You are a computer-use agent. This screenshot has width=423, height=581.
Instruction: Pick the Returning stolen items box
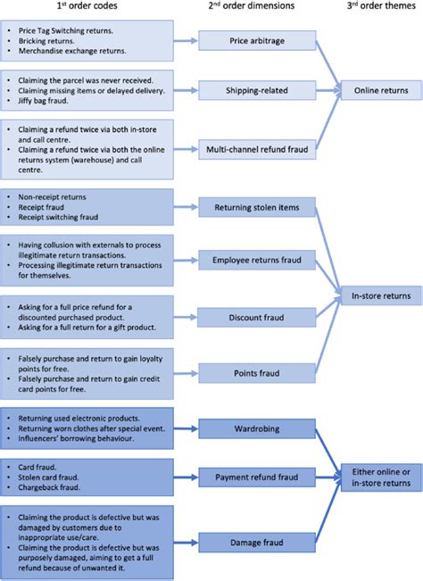pyautogui.click(x=257, y=208)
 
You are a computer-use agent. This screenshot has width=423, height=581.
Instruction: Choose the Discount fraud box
pyautogui.click(x=257, y=317)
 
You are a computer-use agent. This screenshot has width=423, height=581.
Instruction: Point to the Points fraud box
pyautogui.click(x=257, y=373)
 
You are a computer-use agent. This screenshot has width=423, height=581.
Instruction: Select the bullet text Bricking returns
pyautogui.click(x=46, y=41)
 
